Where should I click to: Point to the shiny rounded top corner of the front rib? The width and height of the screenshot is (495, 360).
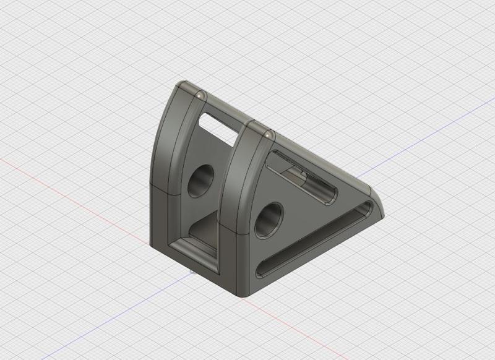[x=267, y=134]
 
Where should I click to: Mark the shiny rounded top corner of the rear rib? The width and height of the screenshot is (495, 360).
[x=199, y=96]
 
